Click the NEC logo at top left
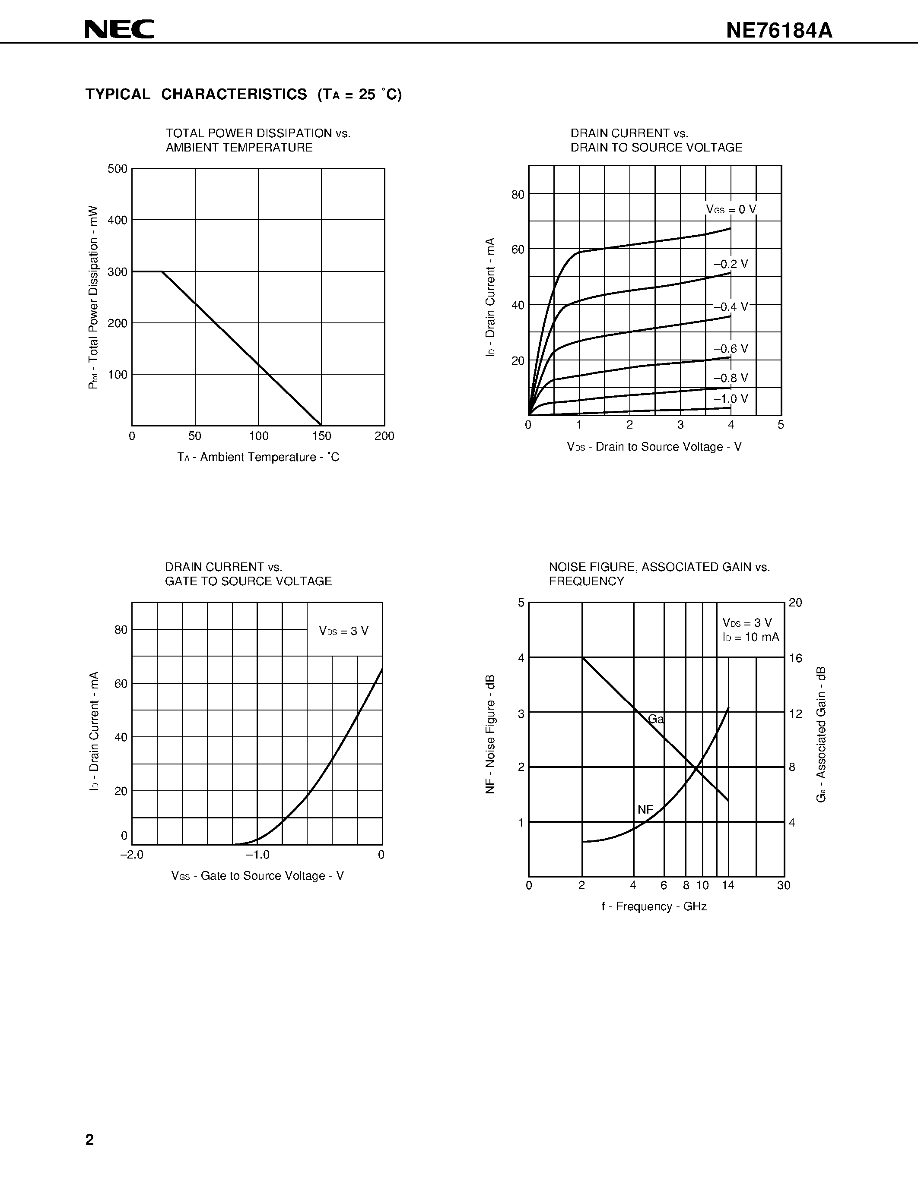120,29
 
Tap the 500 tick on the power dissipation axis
118,169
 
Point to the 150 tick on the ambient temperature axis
321,436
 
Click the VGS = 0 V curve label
731,209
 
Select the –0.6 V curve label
731,349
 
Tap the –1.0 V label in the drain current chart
731,399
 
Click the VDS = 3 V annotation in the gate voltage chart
344,631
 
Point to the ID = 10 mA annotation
750,637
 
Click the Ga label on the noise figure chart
656,719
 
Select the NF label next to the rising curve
645,810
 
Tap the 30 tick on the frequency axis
783,885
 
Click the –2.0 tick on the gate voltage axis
132,855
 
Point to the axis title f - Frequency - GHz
654,906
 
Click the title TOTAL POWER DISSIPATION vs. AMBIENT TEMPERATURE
258,140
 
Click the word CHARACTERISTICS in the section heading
234,95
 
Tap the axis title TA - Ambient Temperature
258,457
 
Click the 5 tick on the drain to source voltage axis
781,425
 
